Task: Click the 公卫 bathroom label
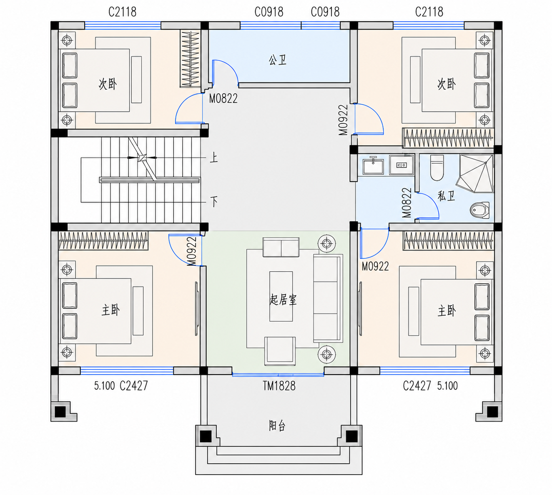tap(277, 60)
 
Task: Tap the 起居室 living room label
tap(283, 300)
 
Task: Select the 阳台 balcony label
tap(277, 425)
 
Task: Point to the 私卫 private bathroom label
tap(446, 196)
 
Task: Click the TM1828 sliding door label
tap(279, 386)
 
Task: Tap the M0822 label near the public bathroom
tap(223, 99)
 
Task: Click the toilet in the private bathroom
tap(437, 167)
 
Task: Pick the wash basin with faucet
tap(373, 165)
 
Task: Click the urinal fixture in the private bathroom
tap(479, 210)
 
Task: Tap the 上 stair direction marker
tap(213, 157)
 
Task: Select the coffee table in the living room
tap(281, 296)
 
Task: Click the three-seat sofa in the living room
tap(328, 298)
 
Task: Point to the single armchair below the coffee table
tap(280, 351)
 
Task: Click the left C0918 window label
tap(269, 12)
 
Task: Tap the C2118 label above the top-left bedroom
tap(122, 12)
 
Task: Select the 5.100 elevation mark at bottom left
tap(104, 386)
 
